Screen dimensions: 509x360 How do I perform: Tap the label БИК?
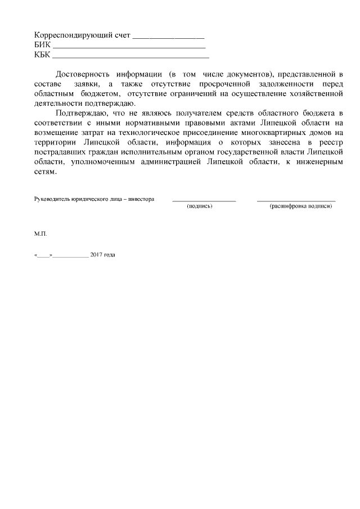tap(42, 45)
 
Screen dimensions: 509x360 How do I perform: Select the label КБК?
tap(42, 55)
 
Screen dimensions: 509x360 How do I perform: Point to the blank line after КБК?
tap(130, 56)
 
